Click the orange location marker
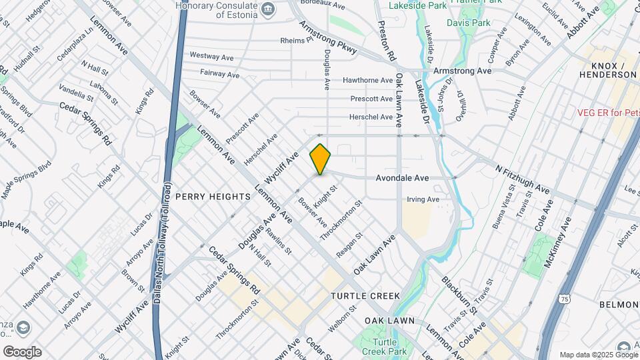320,159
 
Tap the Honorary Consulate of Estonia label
216,7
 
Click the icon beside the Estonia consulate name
268,8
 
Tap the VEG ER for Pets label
607,113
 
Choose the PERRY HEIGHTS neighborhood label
213,197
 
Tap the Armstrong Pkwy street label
328,38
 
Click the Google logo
22,351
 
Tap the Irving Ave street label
423,199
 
